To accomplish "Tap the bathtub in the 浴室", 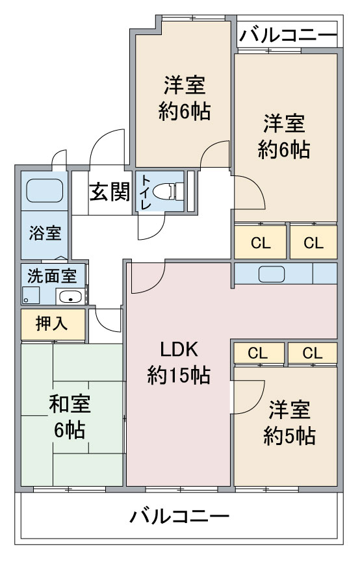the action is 45,190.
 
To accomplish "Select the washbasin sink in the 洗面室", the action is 70,296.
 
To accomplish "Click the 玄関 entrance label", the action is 109,192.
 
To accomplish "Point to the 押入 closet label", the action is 51,324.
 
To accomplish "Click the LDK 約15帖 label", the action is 179,362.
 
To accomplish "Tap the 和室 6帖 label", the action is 70,416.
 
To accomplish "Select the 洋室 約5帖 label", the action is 289,423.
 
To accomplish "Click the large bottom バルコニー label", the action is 179,517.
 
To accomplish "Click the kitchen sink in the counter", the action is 272,274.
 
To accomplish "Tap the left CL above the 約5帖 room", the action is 258,353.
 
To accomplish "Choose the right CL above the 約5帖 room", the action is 313,353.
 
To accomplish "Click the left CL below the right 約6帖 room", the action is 261,244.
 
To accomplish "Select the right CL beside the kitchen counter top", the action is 314,244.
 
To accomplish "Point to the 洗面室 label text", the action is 52,276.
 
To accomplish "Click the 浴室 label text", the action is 45,233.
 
